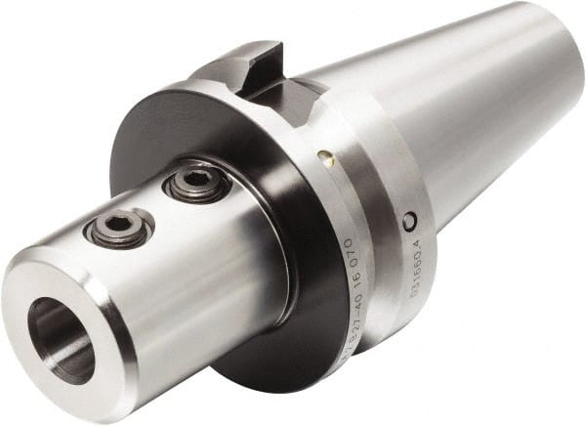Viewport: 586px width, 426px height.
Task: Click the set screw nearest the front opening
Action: click(119, 227)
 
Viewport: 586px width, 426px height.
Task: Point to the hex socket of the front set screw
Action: click(120, 225)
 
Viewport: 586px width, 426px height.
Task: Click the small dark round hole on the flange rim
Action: click(410, 222)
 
